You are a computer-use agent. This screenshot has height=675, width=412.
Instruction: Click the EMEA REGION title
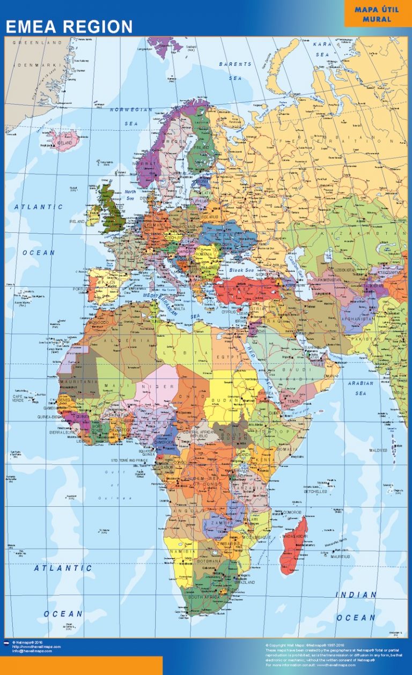pyautogui.click(x=69, y=26)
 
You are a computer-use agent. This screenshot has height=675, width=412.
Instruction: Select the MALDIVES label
pyautogui.click(x=378, y=450)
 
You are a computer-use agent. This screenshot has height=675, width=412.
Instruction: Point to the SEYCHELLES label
pyautogui.click(x=315, y=491)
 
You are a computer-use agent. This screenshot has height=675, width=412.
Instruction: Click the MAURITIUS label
pyautogui.click(x=340, y=557)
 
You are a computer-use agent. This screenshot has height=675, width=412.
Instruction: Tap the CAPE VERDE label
pyautogui.click(x=18, y=398)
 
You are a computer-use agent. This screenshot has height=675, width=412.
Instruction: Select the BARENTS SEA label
pyautogui.click(x=235, y=71)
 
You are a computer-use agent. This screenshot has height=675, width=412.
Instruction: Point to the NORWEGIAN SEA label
pyautogui.click(x=131, y=116)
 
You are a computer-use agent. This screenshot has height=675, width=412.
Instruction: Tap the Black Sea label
pyautogui.click(x=240, y=270)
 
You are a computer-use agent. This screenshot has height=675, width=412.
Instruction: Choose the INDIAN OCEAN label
pyautogui.click(x=356, y=606)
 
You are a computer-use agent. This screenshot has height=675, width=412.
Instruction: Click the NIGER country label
pyautogui.click(x=158, y=386)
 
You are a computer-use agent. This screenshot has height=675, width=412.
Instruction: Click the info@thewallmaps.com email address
pyautogui.click(x=32, y=651)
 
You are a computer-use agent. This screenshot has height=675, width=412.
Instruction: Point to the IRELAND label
pyautogui.click(x=77, y=221)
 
